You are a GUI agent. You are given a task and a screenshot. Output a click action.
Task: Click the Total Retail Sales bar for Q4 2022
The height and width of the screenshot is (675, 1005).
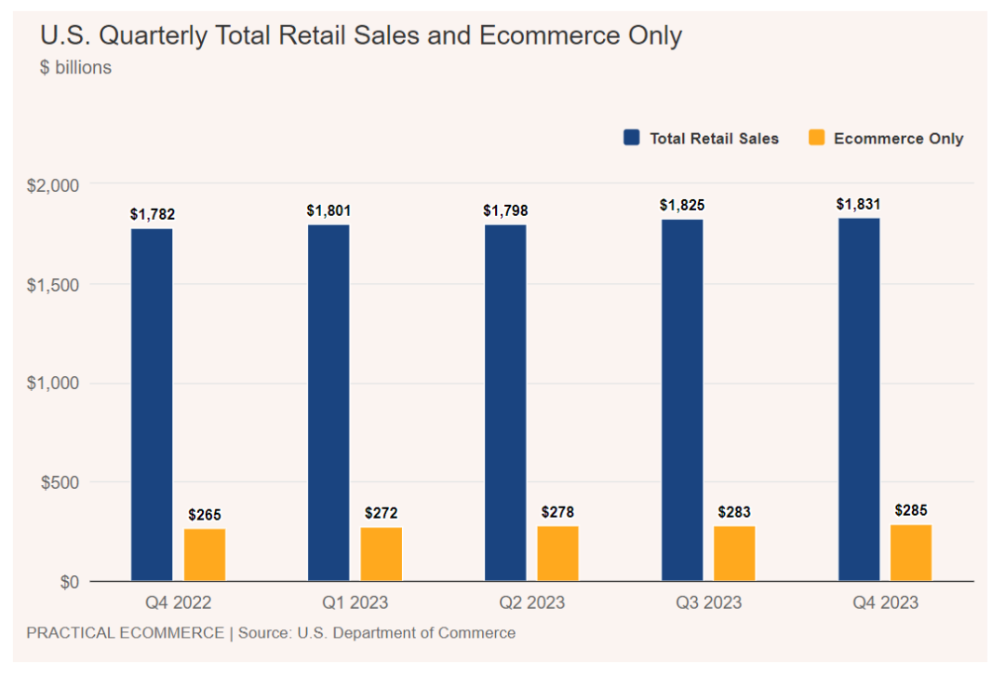[x=152, y=405]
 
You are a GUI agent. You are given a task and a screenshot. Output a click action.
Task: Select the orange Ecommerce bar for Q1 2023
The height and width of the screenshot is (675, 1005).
[x=382, y=554]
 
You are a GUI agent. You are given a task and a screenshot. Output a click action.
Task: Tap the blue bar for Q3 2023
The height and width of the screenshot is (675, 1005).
[x=682, y=400]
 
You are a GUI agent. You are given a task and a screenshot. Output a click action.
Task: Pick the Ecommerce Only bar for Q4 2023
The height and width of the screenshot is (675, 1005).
[x=911, y=553]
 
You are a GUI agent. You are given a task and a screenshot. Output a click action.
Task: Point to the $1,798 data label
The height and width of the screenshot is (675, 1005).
[x=505, y=210]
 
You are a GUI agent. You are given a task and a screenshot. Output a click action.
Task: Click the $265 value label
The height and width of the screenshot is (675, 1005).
[x=205, y=515]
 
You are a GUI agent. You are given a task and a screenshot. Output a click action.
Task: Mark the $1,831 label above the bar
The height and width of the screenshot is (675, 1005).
[x=858, y=204]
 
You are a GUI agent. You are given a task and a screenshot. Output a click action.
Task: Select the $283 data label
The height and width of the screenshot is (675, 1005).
[x=734, y=512]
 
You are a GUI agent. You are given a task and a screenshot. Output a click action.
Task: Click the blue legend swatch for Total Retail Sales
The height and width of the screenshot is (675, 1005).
[x=632, y=138]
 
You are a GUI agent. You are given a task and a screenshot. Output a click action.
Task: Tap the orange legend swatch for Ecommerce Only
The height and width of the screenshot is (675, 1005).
[x=816, y=138]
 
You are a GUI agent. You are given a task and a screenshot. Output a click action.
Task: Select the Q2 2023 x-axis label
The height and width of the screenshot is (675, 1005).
[x=531, y=602]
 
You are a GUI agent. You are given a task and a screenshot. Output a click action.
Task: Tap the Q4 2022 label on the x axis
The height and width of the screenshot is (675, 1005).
[x=178, y=602]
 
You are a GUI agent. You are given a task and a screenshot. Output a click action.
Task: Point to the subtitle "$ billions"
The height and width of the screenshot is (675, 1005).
[x=75, y=68]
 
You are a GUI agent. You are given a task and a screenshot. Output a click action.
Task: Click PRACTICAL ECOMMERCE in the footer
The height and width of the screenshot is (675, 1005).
[x=125, y=633]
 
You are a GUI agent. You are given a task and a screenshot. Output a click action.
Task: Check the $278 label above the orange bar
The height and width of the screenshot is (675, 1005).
[x=557, y=512]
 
